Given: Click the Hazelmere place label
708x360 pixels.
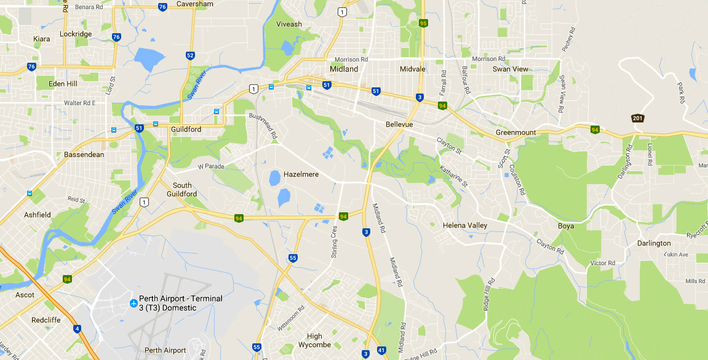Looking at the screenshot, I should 301,175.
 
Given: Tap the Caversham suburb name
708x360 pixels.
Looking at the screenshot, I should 194,4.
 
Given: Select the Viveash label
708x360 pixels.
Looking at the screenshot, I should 289,25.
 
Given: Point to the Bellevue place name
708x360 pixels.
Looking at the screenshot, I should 399,124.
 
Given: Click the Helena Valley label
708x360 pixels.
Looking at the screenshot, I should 465,226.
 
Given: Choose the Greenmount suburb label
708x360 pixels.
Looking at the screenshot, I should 515,133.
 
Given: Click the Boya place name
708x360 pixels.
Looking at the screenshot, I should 565,226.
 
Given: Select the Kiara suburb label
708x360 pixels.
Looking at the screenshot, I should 42,39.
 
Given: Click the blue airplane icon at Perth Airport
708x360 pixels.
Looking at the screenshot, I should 133,302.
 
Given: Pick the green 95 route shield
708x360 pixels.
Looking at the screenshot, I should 423,23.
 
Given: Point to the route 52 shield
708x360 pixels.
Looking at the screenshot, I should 190,55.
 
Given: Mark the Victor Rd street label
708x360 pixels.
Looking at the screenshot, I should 602,263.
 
